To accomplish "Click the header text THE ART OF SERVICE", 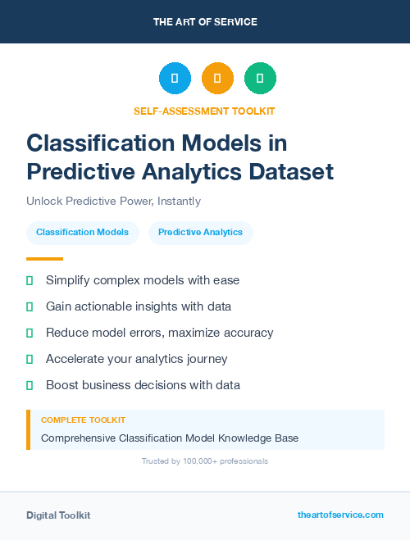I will [205, 22].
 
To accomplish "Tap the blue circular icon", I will [175, 79].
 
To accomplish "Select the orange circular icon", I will [217, 79].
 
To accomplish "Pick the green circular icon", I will [260, 79].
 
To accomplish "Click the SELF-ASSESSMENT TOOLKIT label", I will [205, 111].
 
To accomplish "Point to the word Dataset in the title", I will [292, 172].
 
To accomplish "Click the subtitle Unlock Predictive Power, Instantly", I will [113, 201].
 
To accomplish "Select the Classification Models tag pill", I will [82, 233].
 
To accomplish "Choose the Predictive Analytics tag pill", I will [200, 233].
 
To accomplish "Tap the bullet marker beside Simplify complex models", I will [30, 280].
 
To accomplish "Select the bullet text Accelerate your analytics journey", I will [136, 359].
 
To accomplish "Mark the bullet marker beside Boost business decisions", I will [30, 385].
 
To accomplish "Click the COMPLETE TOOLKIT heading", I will [83, 420].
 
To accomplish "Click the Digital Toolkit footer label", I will [58, 515].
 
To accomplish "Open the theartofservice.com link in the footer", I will [340, 515].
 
